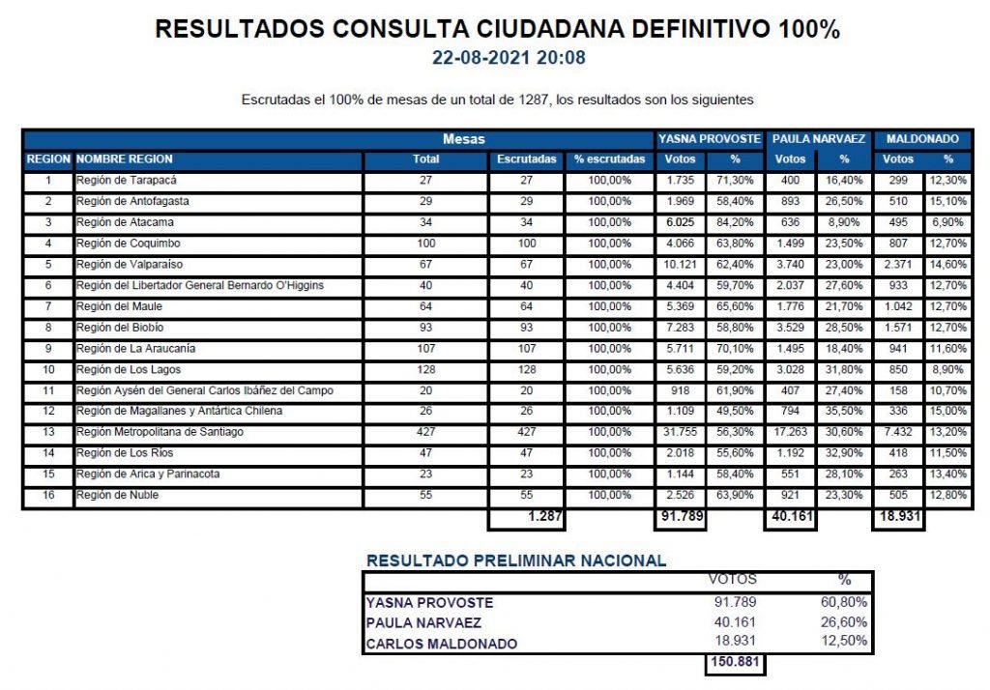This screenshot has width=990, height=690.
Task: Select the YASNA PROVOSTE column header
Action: [x=710, y=139]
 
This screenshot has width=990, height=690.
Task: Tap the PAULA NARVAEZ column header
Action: [x=818, y=139]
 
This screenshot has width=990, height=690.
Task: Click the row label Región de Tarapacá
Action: [x=127, y=181]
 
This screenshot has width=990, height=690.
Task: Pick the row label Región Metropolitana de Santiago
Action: [x=160, y=432]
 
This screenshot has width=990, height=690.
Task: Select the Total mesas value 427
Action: [x=425, y=432]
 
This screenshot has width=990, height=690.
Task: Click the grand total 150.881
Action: [x=732, y=663]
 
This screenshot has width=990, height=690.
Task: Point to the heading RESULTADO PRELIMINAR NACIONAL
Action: [x=516, y=561]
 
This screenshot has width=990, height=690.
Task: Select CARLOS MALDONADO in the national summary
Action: [x=441, y=644]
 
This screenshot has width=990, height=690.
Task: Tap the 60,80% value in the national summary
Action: [x=845, y=602]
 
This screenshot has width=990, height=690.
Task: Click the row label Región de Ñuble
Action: [x=114, y=495]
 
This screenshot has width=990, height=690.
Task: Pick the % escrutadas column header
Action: [x=609, y=159]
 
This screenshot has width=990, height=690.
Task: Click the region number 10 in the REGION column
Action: [x=48, y=369]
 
